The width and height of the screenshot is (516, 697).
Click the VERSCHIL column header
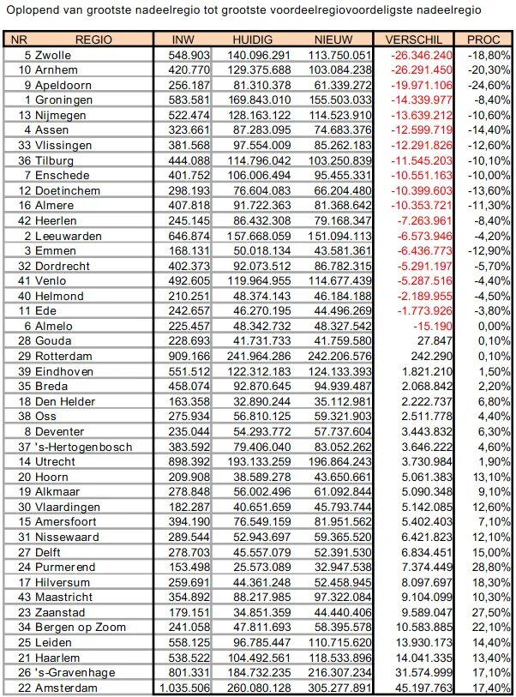[x=414, y=40]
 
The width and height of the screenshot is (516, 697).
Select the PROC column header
[x=483, y=40]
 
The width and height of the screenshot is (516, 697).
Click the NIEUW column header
[x=334, y=40]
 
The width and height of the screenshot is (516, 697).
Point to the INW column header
[x=183, y=40]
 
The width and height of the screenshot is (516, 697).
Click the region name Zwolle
[x=53, y=55]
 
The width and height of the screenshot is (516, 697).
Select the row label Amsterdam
[x=65, y=688]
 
